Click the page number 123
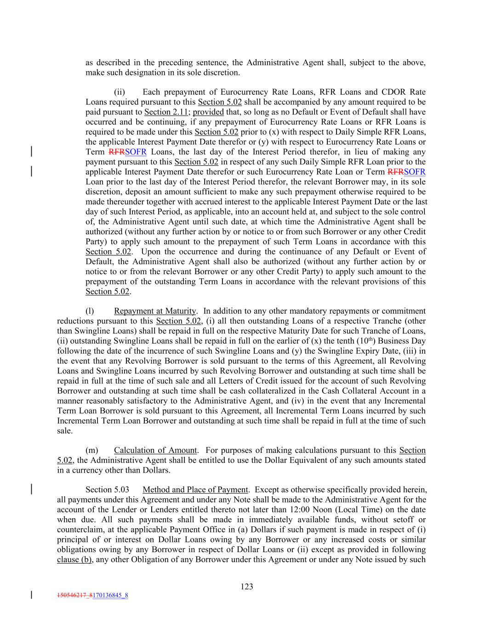coord(247,586)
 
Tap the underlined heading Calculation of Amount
coord(155,450)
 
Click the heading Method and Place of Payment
coord(195,490)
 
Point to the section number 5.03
coord(107,490)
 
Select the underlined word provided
coord(208,112)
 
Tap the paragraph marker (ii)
coord(120,92)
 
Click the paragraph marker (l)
coord(90,311)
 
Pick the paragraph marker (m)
coord(91,450)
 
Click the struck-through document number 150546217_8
coord(74,596)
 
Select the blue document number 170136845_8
coord(110,596)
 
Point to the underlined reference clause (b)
coord(74,559)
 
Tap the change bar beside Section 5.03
coord(31,489)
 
